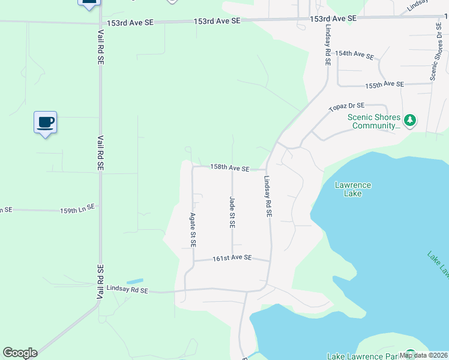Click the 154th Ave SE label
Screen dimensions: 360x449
pos(355,55)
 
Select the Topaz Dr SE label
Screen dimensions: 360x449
pos(347,107)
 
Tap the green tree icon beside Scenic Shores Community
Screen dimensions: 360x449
pos(410,121)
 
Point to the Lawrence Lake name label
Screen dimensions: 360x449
pos(353,190)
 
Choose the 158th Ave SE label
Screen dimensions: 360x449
pos(229,169)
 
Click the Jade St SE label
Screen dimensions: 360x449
pos(232,212)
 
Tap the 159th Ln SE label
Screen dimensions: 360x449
pos(77,209)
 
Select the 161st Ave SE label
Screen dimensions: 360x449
pos(232,259)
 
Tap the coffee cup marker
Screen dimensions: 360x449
pos(45,122)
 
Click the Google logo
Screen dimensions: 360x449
pos(20,353)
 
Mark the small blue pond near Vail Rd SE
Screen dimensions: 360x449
pos(135,281)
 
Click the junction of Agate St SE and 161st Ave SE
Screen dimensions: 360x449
pos(193,260)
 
